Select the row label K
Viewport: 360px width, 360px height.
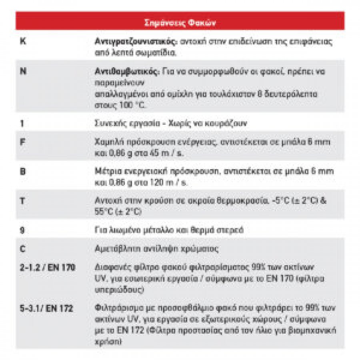[x=23, y=41]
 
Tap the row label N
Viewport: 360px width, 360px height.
[x=23, y=72]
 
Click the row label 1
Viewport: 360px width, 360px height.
[x=22, y=124]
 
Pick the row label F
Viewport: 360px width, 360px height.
[x=23, y=142]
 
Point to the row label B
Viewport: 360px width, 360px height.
[x=23, y=172]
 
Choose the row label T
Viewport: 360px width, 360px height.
[x=23, y=200]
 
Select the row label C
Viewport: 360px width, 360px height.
[x=23, y=249]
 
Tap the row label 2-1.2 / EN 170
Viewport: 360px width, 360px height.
[x=47, y=267]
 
